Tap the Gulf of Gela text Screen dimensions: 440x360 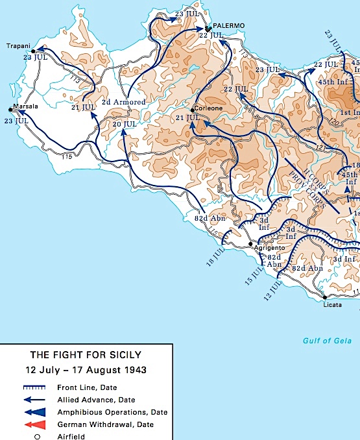(x=327, y=341)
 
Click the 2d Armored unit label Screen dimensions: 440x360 (x=124, y=102)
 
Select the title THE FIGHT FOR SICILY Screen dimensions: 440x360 (x=84, y=355)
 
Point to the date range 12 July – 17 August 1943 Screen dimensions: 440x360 (x=84, y=370)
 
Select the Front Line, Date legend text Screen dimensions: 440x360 (x=96, y=387)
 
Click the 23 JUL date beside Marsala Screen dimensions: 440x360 (x=16, y=121)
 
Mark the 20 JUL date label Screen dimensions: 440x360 (x=125, y=124)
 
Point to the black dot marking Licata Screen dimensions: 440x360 (x=324, y=298)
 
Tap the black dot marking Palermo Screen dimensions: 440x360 (x=207, y=29)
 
